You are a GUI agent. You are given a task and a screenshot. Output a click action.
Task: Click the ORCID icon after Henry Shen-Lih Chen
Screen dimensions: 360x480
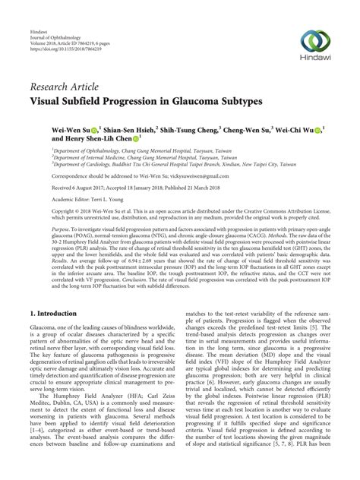(x=135, y=140)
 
